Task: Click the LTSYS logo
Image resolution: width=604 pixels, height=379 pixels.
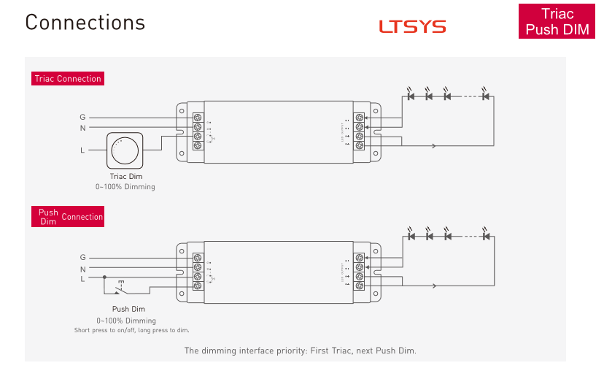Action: pyautogui.click(x=412, y=27)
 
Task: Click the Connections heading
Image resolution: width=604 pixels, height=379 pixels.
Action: pyautogui.click(x=85, y=23)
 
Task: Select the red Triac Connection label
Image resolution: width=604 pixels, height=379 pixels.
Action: pyautogui.click(x=68, y=79)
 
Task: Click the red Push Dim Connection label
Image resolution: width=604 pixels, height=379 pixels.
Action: pyautogui.click(x=68, y=217)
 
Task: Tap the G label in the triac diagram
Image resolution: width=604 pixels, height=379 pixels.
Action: pyautogui.click(x=82, y=117)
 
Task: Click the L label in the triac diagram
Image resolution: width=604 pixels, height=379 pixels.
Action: pyautogui.click(x=82, y=150)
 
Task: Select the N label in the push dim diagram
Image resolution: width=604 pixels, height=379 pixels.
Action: pyautogui.click(x=82, y=269)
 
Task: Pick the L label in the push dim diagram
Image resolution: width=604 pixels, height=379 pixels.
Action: pyautogui.click(x=82, y=279)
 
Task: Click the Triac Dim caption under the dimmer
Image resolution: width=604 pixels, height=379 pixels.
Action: pyautogui.click(x=126, y=177)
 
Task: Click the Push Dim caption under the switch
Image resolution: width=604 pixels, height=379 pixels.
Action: pyautogui.click(x=128, y=309)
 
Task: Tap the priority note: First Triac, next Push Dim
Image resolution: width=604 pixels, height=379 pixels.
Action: pyautogui.click(x=300, y=351)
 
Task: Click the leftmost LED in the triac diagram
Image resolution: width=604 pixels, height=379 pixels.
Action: pyautogui.click(x=411, y=96)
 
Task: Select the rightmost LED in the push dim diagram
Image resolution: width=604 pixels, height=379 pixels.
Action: pyautogui.click(x=486, y=236)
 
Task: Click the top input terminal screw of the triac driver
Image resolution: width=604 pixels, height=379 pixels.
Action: pyautogui.click(x=197, y=117)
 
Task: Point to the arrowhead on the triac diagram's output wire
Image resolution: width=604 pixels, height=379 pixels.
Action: pyautogui.click(x=434, y=146)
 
